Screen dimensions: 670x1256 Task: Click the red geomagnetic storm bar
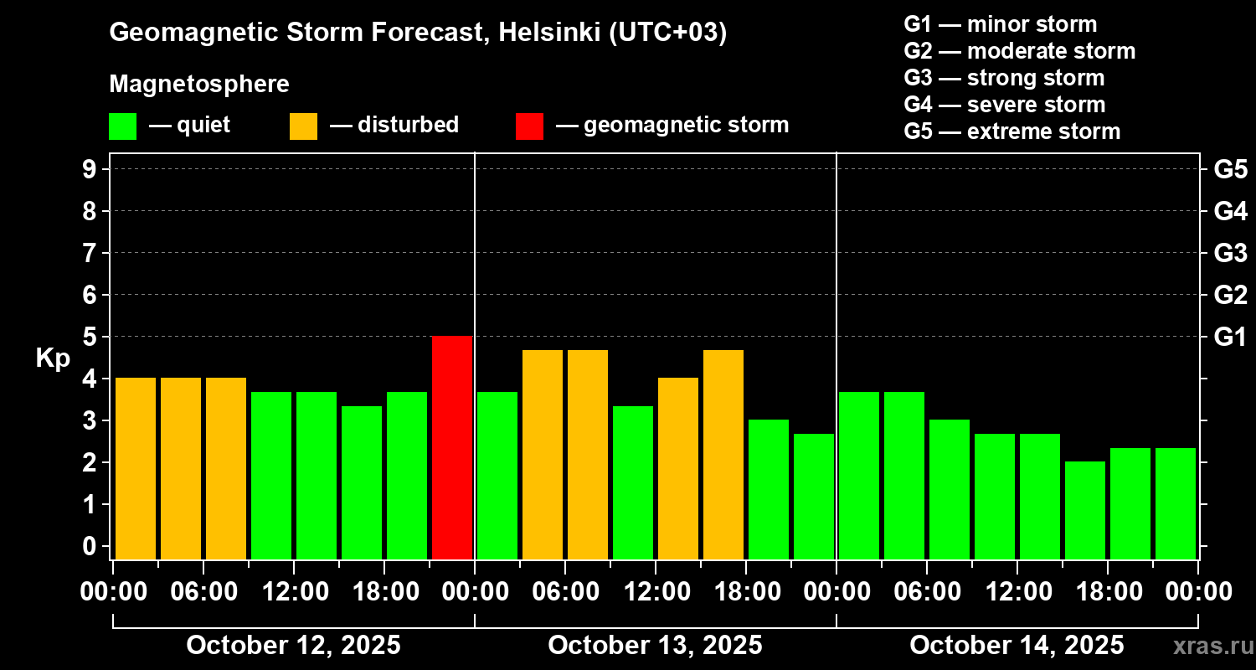pyautogui.click(x=452, y=447)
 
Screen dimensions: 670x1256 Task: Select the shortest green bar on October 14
pyautogui.click(x=1085, y=510)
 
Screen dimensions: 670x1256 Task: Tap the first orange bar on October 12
pyautogui.click(x=136, y=468)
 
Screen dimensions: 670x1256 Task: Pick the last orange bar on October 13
pyautogui.click(x=723, y=454)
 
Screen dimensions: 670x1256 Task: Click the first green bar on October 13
pyautogui.click(x=497, y=475)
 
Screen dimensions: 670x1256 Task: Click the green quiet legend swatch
pyautogui.click(x=122, y=126)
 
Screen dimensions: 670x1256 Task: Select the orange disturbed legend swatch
pyautogui.click(x=303, y=126)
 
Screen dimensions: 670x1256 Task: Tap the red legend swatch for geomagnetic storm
pyautogui.click(x=529, y=126)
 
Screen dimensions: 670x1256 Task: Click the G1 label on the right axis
pyautogui.click(x=1230, y=337)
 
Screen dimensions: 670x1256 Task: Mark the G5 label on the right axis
pyautogui.click(x=1230, y=169)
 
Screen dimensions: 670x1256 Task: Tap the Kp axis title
pyautogui.click(x=53, y=358)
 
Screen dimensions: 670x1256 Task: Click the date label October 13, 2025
pyautogui.click(x=655, y=645)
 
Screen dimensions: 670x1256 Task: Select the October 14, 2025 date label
pyautogui.click(x=1017, y=645)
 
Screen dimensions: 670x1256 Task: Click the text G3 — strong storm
pyautogui.click(x=1004, y=78)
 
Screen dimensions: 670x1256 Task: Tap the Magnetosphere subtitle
pyautogui.click(x=199, y=85)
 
